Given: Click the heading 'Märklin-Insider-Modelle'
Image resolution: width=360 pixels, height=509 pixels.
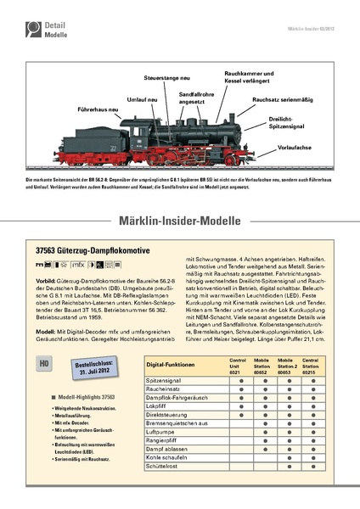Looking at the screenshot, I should coord(180,222).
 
